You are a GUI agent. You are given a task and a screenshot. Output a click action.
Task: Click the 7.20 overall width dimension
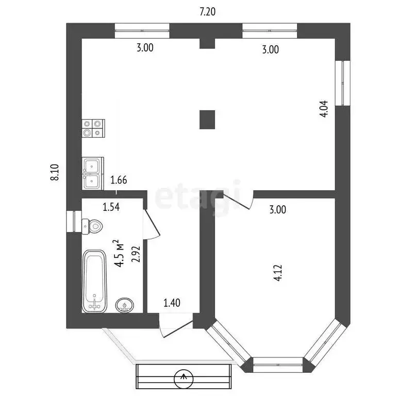coord(207,12)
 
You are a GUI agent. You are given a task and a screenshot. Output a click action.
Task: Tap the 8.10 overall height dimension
coord(55,172)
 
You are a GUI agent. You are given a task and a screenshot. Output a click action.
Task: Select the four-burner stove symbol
coord(93,128)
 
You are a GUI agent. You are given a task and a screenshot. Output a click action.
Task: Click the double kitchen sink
coord(93,173)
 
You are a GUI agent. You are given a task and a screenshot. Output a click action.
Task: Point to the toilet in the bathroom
coord(92,226)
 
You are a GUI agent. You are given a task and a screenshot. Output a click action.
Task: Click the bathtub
coord(94,282)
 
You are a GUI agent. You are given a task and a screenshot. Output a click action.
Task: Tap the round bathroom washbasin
coord(124,305)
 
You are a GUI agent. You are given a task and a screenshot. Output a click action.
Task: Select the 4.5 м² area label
coord(119,253)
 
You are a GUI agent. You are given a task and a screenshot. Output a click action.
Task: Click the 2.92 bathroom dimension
coord(136,254)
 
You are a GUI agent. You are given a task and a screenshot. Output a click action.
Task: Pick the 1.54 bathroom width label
coord(111,207)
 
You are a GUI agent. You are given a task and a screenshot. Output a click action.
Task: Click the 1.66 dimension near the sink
coord(119,180)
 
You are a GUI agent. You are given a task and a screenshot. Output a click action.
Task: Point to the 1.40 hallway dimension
coord(172,303)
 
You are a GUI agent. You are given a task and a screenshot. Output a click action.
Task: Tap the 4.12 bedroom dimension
coord(278,273)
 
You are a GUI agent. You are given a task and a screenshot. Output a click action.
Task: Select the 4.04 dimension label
coord(324,109)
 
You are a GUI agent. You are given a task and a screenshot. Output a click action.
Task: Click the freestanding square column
coord(207,120)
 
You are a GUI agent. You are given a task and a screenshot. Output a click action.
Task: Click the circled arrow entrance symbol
coord(184,378)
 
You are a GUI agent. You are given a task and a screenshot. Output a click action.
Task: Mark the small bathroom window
coord(74,221)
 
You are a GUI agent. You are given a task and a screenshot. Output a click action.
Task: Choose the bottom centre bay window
coord(278,365)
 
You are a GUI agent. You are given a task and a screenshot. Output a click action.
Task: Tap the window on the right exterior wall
coord(343,82)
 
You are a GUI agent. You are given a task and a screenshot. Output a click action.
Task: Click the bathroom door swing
coord(152,224)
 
